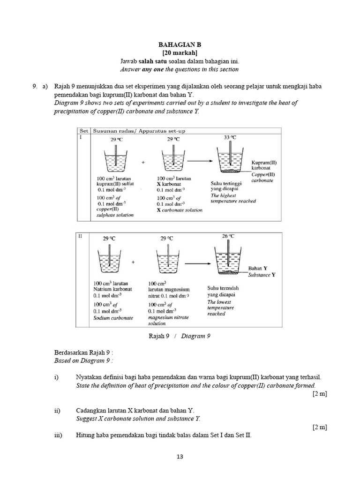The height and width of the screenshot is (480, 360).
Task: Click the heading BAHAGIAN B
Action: coord(180,45)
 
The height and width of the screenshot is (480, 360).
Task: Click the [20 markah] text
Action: coord(180,53)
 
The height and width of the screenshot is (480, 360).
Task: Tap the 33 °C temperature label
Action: coord(230,137)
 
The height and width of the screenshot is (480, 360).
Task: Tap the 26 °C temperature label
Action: coord(228,236)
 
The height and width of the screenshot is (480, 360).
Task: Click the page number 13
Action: coord(180,457)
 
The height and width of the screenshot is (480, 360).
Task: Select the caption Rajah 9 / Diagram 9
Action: coord(180,336)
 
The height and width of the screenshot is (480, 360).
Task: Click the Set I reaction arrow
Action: coord(197,161)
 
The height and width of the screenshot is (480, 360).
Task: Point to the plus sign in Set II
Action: coord(134,262)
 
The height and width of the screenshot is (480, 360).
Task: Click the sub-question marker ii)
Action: coord(57,411)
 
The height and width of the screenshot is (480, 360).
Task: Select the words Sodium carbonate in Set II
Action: coord(113,317)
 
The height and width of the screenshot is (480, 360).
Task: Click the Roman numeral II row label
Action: coord(80,236)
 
